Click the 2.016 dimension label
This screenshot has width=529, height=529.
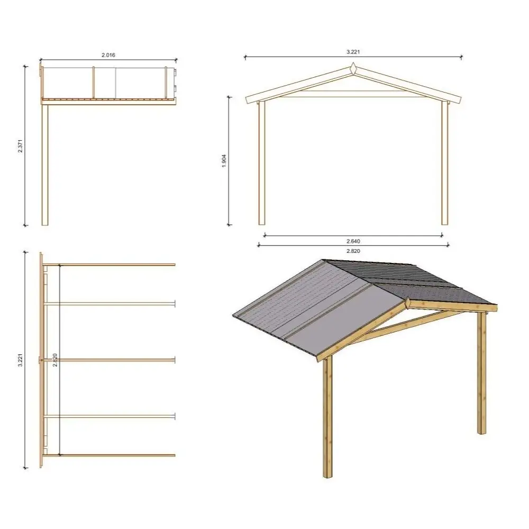pos(108,54)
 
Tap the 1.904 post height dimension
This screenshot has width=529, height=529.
pos(224,161)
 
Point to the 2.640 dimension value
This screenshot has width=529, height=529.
pos(353,241)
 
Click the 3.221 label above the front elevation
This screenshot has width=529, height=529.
pos(353,52)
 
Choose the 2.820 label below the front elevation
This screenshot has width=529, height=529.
pos(353,251)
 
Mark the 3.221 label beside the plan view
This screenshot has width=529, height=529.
pos(21,360)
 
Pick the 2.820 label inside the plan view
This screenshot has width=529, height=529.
pos(55,360)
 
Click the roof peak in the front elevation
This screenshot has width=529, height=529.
pos(353,69)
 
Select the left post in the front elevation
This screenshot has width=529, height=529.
pos(261,164)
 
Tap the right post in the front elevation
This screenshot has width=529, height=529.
pos(445,164)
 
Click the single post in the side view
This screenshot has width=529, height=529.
pos(45,164)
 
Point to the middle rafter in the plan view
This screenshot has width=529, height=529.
pos(111,360)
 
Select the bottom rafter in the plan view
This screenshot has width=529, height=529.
pos(111,455)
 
